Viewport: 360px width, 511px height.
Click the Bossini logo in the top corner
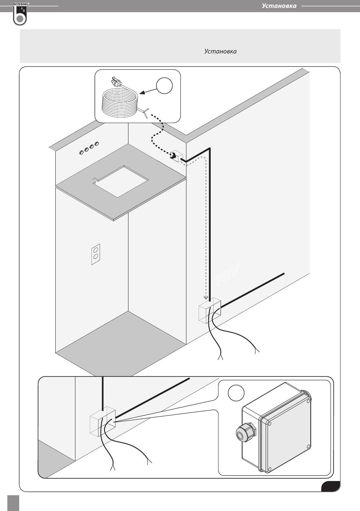click(19, 14)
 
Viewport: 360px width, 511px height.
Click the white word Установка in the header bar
click(279, 6)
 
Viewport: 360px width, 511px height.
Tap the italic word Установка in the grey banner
click(220, 51)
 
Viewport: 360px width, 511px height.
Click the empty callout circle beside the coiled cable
click(164, 86)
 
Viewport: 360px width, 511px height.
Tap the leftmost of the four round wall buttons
click(81, 152)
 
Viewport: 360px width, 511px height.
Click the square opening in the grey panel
click(121, 181)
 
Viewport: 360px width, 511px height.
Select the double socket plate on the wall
click(95, 254)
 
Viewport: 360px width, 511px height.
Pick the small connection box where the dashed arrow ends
click(176, 155)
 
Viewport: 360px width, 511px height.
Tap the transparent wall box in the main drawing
click(209, 310)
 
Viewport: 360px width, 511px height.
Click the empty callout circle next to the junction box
click(236, 393)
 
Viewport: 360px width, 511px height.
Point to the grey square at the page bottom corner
click(13, 503)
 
